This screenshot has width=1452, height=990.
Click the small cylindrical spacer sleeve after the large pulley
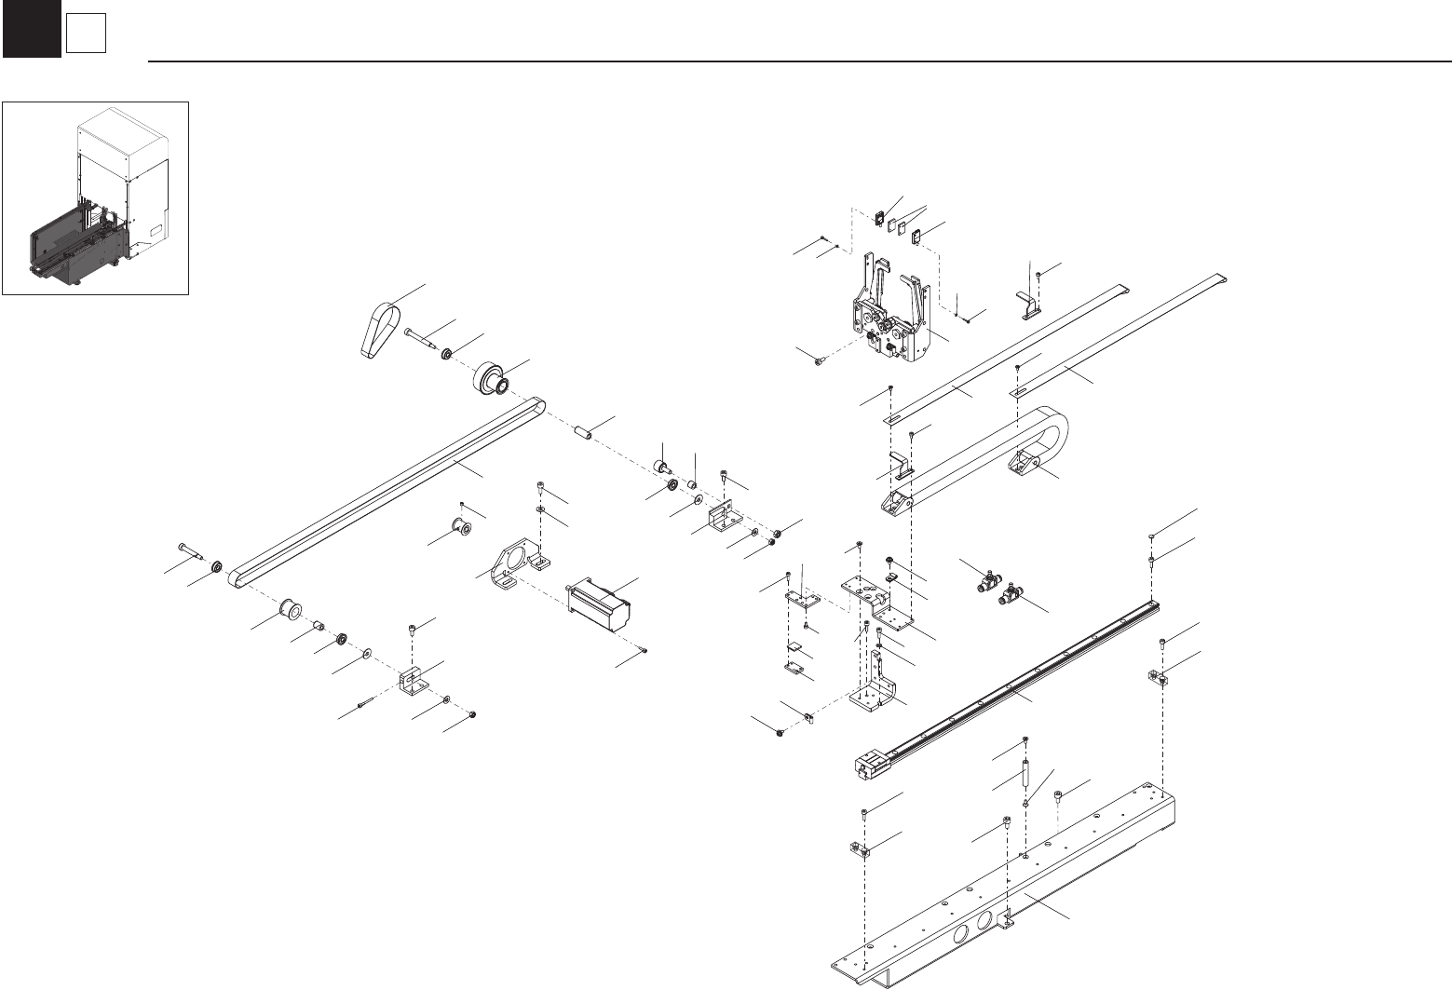(584, 433)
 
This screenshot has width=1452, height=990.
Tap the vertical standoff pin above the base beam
(1025, 774)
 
